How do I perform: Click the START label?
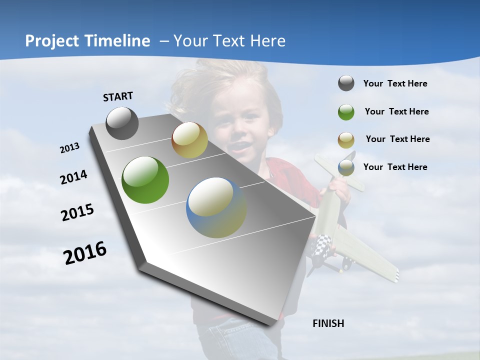pos(118,96)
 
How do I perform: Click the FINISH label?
pos(328,323)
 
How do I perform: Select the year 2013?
pos(69,148)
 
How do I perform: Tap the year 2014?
pos(73,177)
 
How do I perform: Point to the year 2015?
pos(77,212)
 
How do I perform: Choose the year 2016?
pos(85,253)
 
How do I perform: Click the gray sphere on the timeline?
pos(122,123)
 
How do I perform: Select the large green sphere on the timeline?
pos(145,180)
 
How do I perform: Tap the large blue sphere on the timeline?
pos(216,207)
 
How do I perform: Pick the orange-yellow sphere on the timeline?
pos(189,140)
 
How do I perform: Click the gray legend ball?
pos(346,83)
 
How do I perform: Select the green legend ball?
pos(346,112)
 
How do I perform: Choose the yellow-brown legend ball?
pos(346,140)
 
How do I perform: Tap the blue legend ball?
pos(346,167)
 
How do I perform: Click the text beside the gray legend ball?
pos(395,84)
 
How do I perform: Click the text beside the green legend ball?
pos(396,112)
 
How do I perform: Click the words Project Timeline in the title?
pos(87,41)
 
